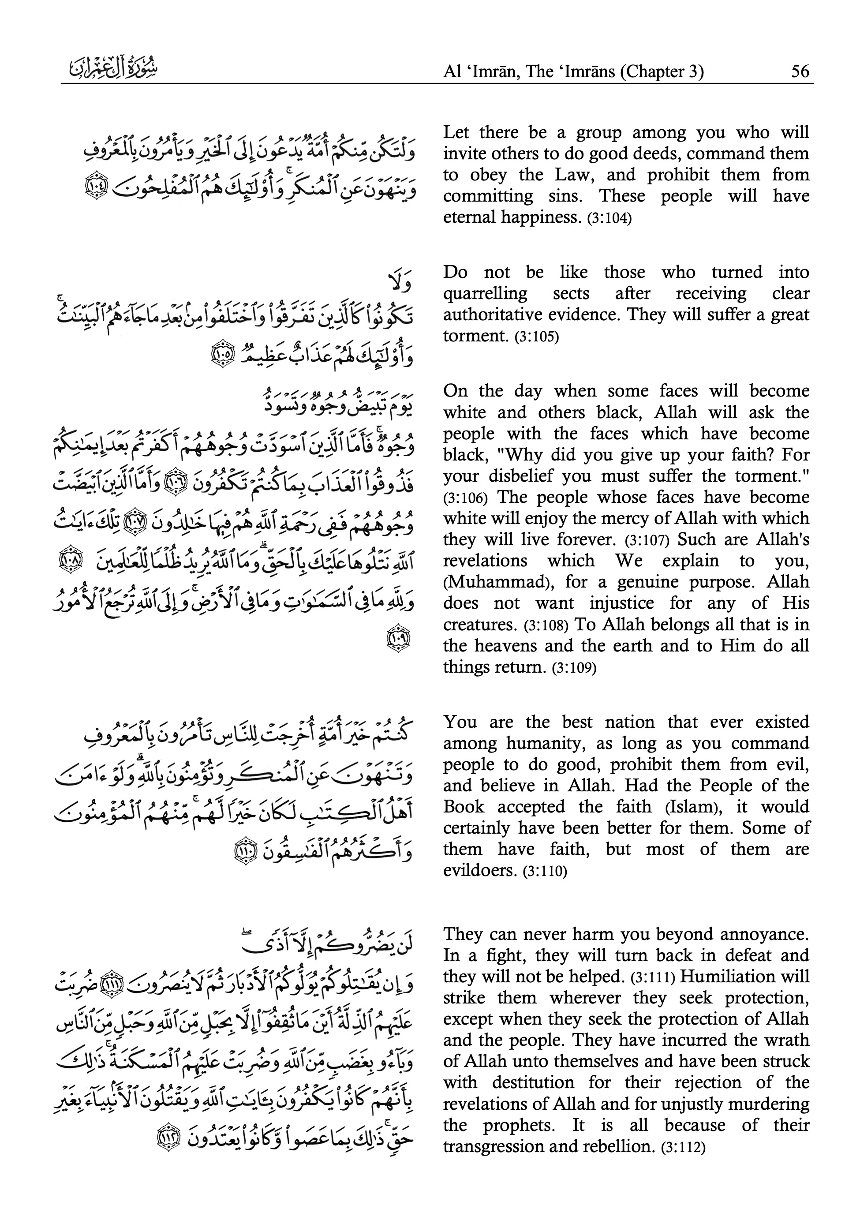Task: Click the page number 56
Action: [800, 71]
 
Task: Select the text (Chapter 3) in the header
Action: [661, 71]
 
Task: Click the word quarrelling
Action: [485, 294]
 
